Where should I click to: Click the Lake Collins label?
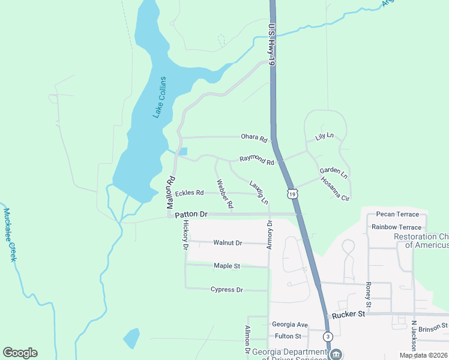tap(158, 97)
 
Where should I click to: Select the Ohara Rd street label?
tap(254, 138)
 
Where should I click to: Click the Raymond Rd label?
tap(257, 160)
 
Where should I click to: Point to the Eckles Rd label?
tap(189, 193)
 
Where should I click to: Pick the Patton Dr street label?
tap(191, 214)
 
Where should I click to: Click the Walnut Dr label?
tap(228, 243)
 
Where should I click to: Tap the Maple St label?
tap(227, 265)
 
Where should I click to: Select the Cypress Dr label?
tap(227, 290)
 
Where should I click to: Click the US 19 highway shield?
tap(292, 194)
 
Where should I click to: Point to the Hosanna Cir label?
tap(335, 188)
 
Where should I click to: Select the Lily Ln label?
tap(324, 137)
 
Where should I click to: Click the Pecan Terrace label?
tap(397, 214)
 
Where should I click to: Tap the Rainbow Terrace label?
tap(396, 227)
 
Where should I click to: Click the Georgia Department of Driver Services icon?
tap(336, 353)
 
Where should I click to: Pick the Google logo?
tap(20, 353)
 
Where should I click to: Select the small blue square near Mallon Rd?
tap(183, 151)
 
